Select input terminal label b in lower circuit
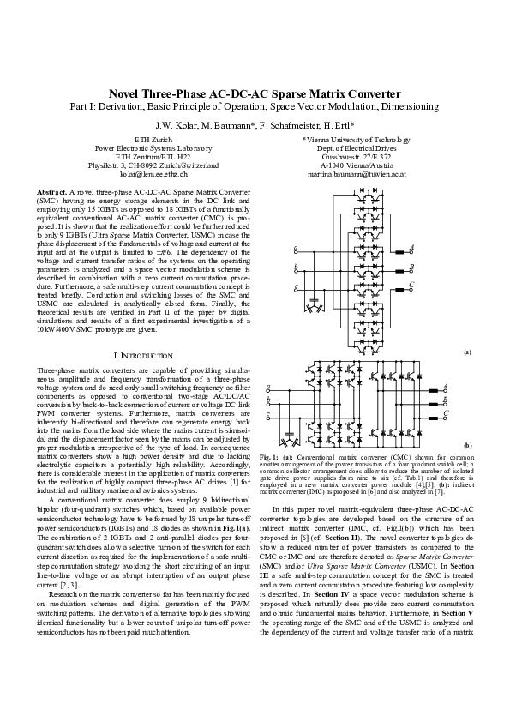(269, 400)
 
